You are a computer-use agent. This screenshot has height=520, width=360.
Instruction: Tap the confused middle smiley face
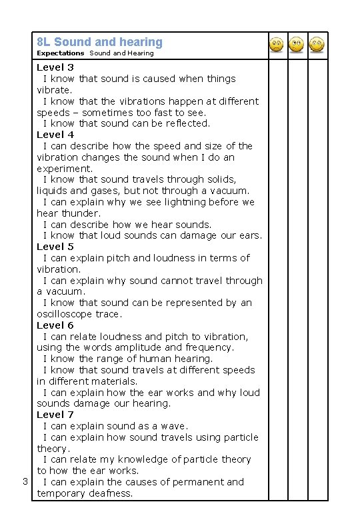[297, 45]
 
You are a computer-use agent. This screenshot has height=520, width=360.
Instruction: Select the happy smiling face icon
[317, 45]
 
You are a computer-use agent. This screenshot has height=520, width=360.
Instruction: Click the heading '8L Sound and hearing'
[99, 42]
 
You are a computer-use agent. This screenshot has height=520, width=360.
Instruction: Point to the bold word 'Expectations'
[61, 53]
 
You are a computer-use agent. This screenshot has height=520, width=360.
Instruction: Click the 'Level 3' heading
[55, 67]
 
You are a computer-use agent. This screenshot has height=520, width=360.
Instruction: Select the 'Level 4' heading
[55, 135]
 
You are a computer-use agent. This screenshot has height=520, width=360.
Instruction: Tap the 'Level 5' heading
[55, 247]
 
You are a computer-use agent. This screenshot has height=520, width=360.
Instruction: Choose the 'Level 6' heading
[55, 325]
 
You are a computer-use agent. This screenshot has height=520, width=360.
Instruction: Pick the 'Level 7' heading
[55, 415]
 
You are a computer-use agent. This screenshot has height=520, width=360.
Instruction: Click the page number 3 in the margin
[24, 482]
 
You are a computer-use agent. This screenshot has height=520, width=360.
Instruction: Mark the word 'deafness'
[109, 493]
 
